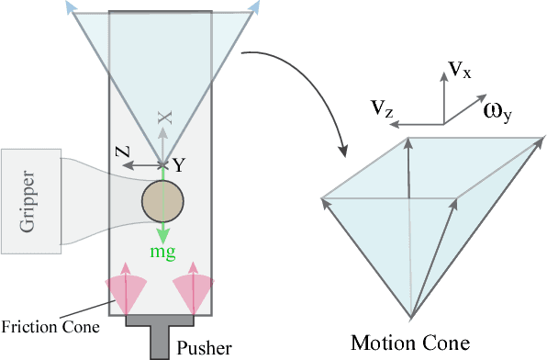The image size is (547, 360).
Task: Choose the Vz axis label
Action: (384, 109)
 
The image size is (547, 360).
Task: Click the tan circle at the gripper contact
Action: (163, 202)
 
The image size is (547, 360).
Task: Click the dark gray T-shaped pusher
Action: (162, 331)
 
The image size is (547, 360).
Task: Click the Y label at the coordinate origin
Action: (179, 166)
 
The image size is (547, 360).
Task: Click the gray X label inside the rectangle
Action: (163, 118)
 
